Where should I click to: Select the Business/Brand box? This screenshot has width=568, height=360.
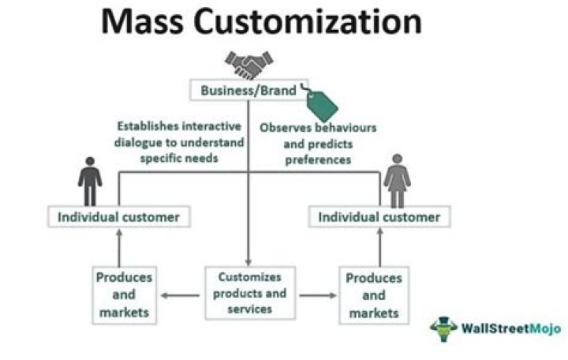(x=248, y=90)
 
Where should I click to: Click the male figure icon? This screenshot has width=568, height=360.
(x=90, y=181)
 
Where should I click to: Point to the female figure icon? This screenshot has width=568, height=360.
(x=397, y=181)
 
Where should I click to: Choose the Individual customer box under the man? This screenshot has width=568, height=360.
(x=118, y=216)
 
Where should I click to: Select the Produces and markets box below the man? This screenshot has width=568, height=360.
(x=124, y=296)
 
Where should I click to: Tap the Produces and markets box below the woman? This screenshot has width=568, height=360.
(x=372, y=296)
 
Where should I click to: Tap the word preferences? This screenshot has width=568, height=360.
(x=318, y=159)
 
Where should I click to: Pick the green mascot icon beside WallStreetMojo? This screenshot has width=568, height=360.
(x=444, y=328)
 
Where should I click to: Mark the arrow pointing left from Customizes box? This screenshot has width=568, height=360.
(x=179, y=296)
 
